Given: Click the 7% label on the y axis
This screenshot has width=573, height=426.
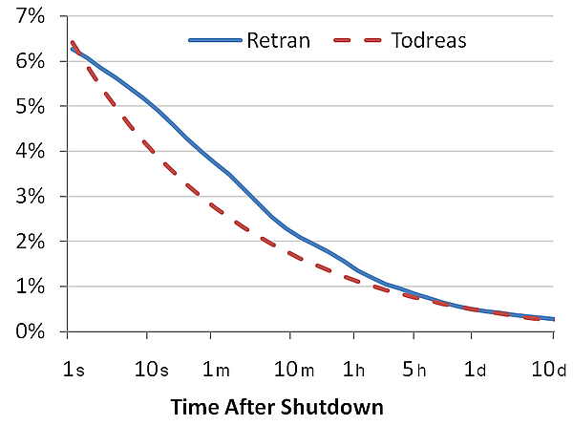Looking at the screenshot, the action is (30, 16).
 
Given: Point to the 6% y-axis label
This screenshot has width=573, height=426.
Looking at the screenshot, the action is (30, 61).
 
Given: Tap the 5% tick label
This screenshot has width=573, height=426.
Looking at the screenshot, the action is (30, 106).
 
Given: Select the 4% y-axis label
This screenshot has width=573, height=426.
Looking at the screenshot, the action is (30, 151).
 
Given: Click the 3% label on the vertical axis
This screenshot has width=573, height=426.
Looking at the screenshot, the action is (30, 197).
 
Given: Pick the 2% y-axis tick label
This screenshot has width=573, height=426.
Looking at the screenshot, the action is (30, 242).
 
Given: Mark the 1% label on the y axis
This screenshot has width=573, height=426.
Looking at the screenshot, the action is (30, 287).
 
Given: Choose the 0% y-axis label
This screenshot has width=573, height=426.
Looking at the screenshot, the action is (30, 331).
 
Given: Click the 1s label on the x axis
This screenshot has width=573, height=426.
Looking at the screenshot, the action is (74, 370).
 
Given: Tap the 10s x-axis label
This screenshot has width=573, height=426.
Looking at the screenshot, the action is (152, 370).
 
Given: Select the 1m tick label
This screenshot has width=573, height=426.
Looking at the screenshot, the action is (216, 370).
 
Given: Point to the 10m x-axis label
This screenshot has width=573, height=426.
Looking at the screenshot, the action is (294, 370).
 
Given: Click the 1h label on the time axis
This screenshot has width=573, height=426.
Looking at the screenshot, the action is (353, 370).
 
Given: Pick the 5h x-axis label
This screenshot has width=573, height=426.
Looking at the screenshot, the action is (414, 370).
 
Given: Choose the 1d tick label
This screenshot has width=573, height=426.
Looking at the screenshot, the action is (475, 370).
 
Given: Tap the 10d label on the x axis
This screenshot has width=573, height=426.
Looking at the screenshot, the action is (548, 370).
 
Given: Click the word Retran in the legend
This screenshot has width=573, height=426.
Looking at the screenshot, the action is (279, 40).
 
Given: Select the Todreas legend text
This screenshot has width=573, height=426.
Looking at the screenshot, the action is (429, 40).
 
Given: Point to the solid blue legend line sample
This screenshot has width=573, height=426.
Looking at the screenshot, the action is (215, 40).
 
